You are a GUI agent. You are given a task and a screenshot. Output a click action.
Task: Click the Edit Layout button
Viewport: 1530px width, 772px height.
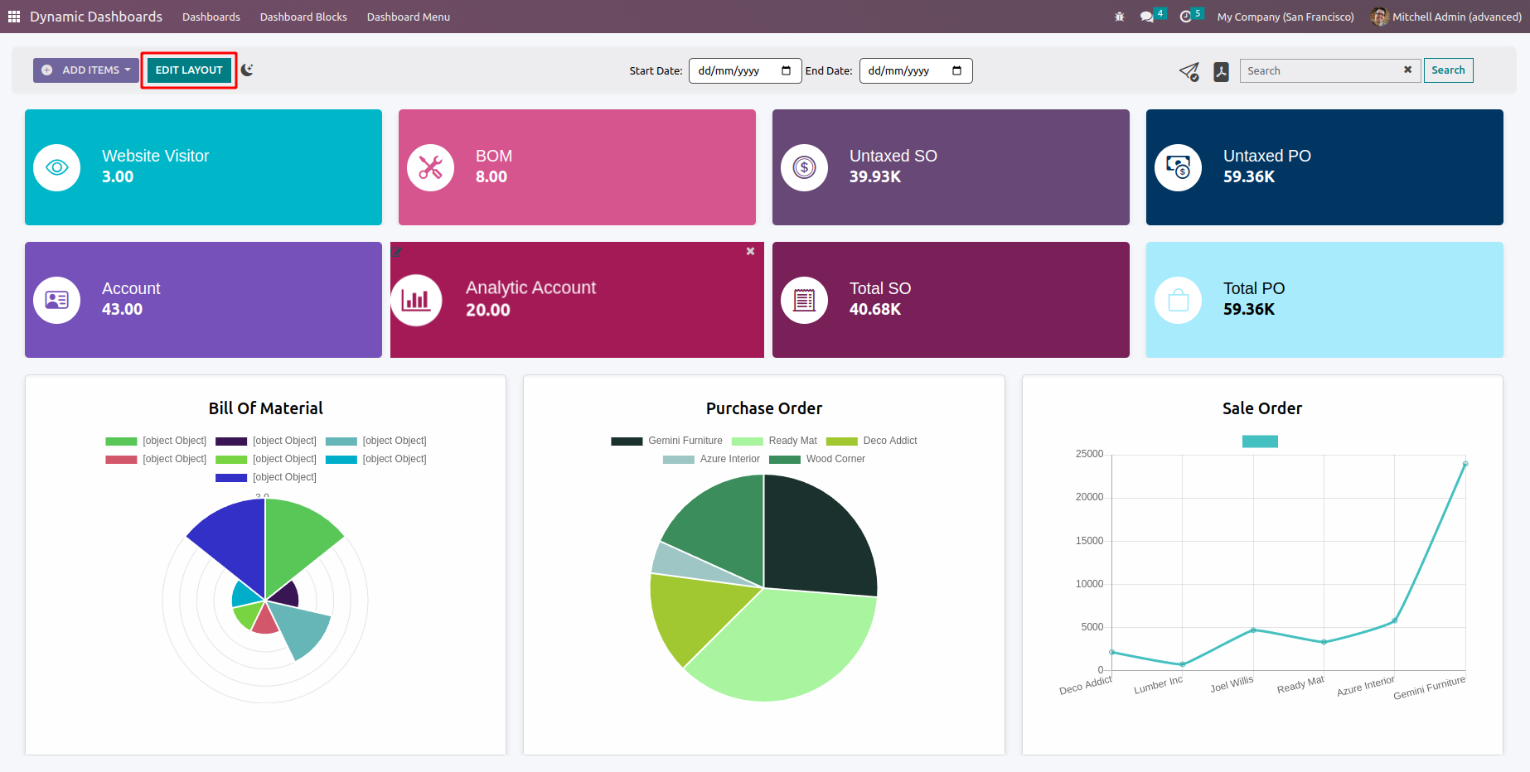(189, 70)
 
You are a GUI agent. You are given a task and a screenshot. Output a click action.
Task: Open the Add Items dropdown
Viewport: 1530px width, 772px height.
(86, 70)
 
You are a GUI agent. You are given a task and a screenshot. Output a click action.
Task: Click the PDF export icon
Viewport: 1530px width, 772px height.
(1221, 72)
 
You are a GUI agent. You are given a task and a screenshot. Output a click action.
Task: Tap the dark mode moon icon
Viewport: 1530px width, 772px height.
(247, 70)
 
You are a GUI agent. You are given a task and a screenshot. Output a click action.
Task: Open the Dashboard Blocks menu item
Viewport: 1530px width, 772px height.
(303, 17)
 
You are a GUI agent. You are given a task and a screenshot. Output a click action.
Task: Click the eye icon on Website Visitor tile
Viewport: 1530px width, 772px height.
(57, 167)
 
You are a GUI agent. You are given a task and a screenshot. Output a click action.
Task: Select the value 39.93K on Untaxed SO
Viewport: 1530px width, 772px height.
(874, 176)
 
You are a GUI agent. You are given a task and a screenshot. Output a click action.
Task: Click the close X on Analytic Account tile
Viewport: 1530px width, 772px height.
(750, 251)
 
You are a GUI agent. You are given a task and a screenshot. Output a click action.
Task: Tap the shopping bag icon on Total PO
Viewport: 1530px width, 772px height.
(1178, 300)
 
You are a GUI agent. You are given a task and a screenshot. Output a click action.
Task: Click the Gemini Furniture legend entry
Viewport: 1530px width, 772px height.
(667, 441)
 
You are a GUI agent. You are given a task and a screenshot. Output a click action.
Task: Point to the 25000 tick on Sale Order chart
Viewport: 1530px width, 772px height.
(1089, 454)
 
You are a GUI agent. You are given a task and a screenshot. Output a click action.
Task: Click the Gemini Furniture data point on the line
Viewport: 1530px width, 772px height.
(1465, 464)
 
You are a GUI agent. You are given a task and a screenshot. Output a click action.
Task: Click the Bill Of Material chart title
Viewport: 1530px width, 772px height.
(265, 408)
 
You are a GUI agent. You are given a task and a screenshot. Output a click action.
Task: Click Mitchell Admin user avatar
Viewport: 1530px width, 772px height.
(1379, 17)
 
